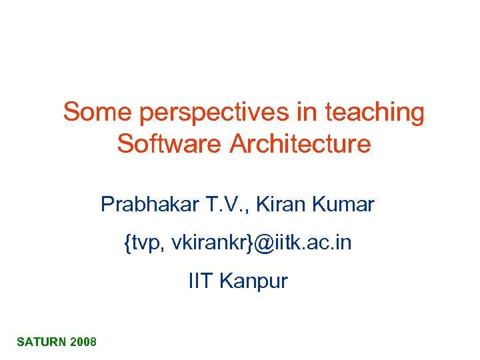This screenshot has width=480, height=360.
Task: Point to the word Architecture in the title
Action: tap(300, 143)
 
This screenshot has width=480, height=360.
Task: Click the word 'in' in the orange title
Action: tap(309, 113)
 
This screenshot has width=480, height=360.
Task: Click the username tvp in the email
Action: tap(146, 243)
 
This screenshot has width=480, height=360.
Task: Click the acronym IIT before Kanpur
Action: tap(201, 281)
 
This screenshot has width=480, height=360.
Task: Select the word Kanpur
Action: tap(253, 281)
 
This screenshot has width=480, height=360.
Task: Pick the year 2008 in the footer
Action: tap(83, 342)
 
